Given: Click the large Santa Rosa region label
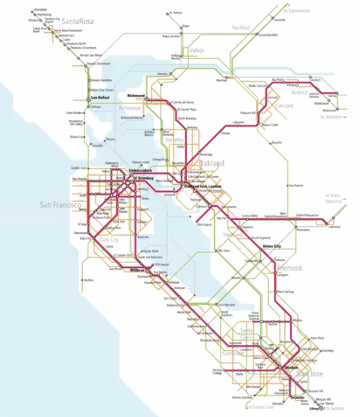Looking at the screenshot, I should point(76,21).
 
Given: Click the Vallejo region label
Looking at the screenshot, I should point(196,50).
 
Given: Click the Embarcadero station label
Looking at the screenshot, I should point(140,171).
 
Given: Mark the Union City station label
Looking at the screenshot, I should point(271,246).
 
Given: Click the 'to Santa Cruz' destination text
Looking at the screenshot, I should point(262,407).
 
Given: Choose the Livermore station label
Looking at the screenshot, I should point(334,227).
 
